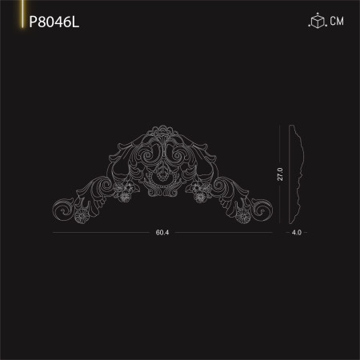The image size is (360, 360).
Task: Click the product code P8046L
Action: point(54,22)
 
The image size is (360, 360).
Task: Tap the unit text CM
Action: point(338,22)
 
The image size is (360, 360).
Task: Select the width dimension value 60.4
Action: point(162,233)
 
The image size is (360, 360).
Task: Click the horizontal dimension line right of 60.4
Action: point(224,233)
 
